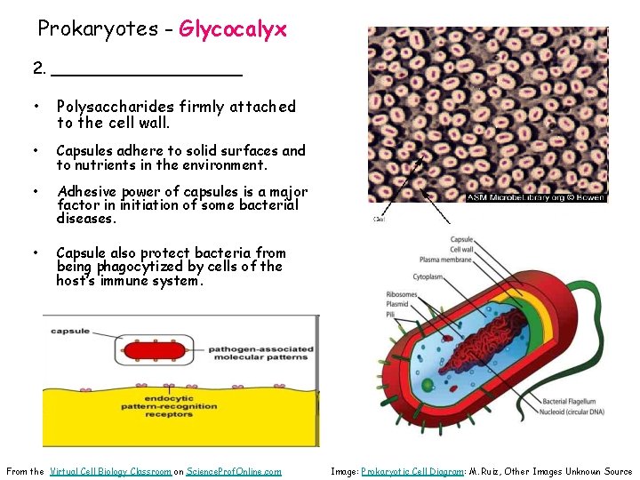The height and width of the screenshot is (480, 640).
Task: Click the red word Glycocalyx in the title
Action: click(233, 29)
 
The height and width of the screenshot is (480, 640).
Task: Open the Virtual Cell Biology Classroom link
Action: click(110, 471)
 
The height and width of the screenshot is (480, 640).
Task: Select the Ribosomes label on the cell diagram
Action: click(403, 293)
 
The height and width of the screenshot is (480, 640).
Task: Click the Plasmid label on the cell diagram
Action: click(398, 303)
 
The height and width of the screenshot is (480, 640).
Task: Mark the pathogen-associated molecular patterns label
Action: click(259, 353)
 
